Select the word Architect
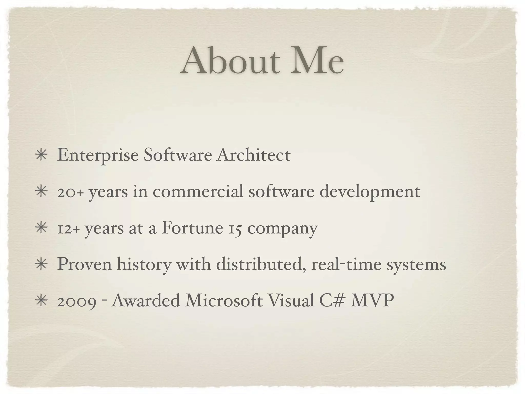pyautogui.click(x=253, y=155)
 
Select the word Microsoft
pyautogui.click(x=224, y=300)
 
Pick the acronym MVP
pyautogui.click(x=372, y=300)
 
